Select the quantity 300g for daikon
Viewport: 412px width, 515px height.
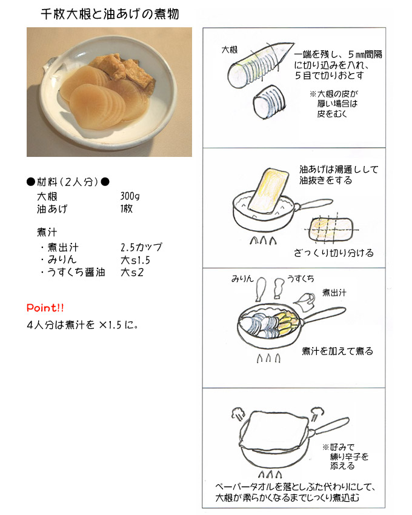point(130,197)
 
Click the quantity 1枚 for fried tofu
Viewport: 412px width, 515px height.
point(126,209)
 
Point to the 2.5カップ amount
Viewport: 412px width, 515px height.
point(141,248)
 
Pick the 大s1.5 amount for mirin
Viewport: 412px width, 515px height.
point(135,260)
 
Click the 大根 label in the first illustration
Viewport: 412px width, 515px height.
point(228,49)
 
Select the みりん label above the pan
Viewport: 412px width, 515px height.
point(241,278)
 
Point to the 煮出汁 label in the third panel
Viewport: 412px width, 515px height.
point(334,292)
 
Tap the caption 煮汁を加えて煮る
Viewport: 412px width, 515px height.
point(337,351)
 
